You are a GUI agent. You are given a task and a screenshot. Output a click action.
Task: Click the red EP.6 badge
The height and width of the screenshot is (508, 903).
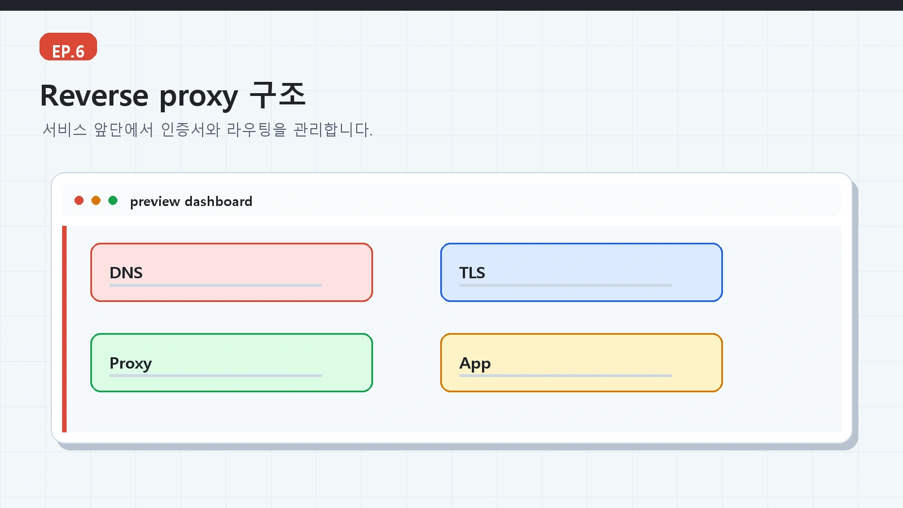pyautogui.click(x=68, y=47)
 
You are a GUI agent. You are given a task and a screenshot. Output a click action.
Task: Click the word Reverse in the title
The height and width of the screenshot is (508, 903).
pyautogui.click(x=94, y=96)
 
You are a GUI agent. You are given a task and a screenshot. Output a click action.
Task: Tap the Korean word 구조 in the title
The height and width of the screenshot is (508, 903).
pyautogui.click(x=277, y=95)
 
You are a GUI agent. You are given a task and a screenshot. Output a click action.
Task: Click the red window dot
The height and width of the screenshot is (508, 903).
pyautogui.click(x=79, y=200)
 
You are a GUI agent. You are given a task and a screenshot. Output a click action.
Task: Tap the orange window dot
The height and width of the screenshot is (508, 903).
pyautogui.click(x=96, y=200)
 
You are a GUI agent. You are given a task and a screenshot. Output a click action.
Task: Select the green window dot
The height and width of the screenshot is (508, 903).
pyautogui.click(x=113, y=200)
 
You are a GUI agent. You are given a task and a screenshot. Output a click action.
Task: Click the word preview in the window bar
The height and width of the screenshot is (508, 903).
pyautogui.click(x=155, y=202)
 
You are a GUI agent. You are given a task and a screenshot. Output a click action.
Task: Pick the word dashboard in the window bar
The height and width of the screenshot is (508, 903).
pyautogui.click(x=218, y=201)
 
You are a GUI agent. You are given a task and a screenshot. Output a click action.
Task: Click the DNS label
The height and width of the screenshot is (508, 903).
pyautogui.click(x=126, y=273)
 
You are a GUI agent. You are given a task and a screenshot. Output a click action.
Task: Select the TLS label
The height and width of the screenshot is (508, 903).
pyautogui.click(x=472, y=273)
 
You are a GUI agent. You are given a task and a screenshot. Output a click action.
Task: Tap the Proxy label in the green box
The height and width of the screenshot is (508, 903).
pyautogui.click(x=130, y=364)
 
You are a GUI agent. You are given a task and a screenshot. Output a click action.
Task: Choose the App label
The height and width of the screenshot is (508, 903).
pyautogui.click(x=475, y=364)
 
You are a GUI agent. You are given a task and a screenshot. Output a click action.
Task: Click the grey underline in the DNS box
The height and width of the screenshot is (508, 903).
pyautogui.click(x=216, y=286)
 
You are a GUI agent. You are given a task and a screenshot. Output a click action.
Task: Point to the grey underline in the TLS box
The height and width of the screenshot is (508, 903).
pyautogui.click(x=566, y=286)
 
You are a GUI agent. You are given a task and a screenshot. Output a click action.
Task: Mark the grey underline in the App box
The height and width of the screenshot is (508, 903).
pyautogui.click(x=566, y=376)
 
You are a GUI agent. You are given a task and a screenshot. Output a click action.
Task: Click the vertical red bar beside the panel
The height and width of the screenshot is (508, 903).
pyautogui.click(x=64, y=329)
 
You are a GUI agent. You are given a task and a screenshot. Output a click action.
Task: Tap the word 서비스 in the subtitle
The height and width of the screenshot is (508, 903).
pyautogui.click(x=64, y=129)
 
